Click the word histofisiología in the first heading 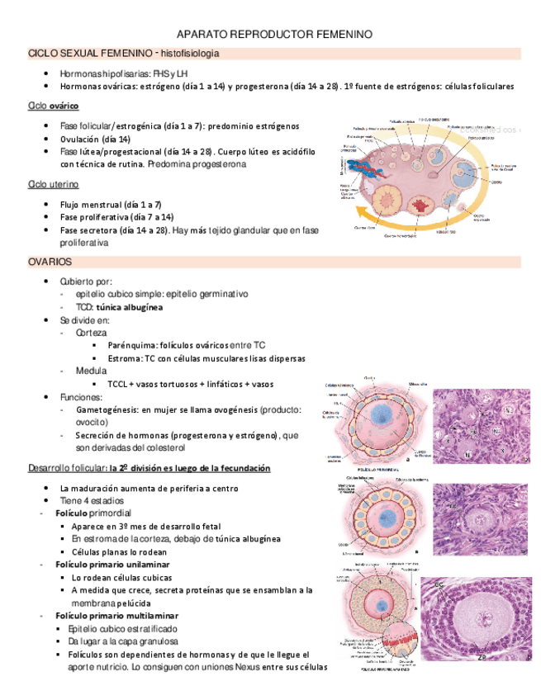coord(190,54)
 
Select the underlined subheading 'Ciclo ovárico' coord(54,106)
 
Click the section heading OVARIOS coord(50,262)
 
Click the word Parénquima coord(132,345)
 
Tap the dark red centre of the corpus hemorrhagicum coord(426,204)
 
